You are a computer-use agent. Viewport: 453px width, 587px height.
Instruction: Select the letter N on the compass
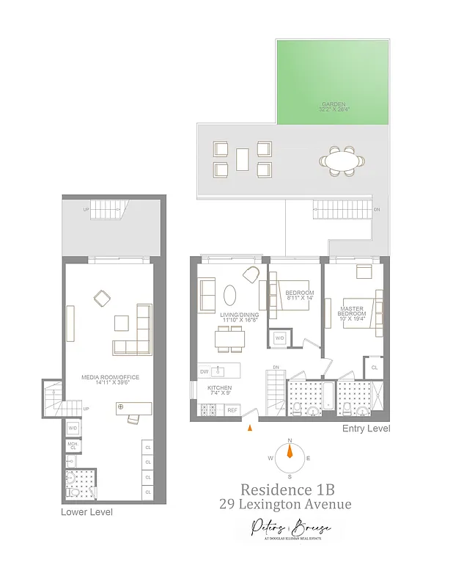click(290, 440)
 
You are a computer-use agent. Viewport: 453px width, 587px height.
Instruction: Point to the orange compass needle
click(290, 451)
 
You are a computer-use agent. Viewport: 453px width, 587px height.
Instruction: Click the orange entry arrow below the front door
click(251, 427)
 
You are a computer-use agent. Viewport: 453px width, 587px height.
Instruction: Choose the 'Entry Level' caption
click(366, 429)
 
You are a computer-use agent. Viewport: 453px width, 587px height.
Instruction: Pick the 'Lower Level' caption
click(86, 511)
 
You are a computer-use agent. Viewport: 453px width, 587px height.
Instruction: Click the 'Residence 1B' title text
click(290, 489)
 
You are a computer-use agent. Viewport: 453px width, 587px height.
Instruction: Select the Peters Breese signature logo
click(289, 528)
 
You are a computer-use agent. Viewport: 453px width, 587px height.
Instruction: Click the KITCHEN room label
click(219, 387)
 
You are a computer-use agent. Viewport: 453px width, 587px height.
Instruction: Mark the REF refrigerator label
click(232, 410)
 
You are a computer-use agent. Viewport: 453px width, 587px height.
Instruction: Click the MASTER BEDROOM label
click(352, 311)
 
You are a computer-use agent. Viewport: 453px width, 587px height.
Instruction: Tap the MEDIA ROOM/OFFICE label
click(110, 377)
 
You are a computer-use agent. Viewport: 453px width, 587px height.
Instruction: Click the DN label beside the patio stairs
click(377, 209)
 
